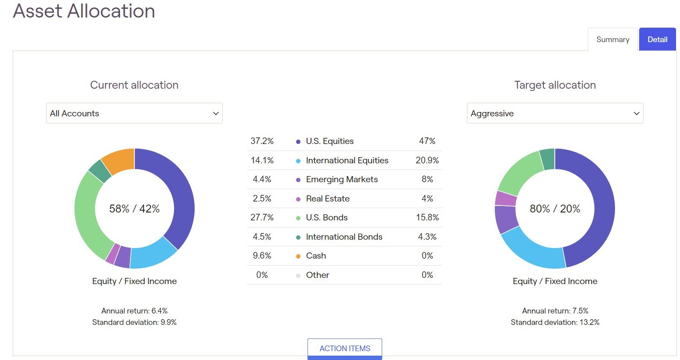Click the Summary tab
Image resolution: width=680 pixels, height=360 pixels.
coord(612,40)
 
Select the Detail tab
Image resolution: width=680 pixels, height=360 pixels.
coord(657,40)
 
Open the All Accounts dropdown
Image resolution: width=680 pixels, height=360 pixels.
coord(134,113)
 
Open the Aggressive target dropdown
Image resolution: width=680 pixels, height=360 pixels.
coord(555,113)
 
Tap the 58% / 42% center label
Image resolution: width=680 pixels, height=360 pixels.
coord(134,209)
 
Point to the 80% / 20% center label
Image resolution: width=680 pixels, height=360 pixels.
coord(555,209)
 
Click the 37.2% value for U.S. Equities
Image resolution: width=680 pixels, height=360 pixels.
coord(262,141)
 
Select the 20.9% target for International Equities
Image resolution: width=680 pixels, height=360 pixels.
coord(427,160)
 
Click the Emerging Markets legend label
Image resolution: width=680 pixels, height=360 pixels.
coord(342,179)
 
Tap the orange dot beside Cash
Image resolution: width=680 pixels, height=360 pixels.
coord(298,256)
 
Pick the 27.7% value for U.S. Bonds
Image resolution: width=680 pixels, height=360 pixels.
coord(262,217)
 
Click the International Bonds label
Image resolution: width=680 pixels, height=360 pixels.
coord(344,237)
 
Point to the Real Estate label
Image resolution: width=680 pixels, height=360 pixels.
coord(328,198)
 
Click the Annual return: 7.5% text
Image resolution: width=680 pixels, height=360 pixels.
coord(555,311)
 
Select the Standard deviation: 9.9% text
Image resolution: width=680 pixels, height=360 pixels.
coord(134,322)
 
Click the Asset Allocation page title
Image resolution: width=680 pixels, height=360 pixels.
coord(84,11)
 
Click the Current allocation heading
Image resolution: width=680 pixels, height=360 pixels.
coord(134,85)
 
